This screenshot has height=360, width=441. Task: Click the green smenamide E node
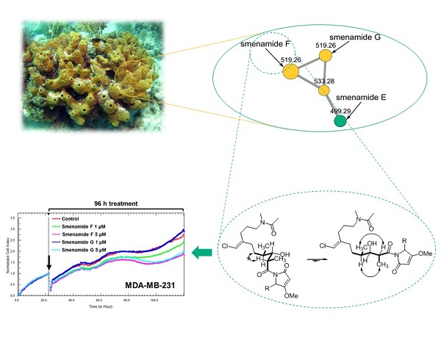(340, 120)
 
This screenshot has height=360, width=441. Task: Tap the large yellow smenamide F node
(290, 71)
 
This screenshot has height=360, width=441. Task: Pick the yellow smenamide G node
(325, 56)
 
